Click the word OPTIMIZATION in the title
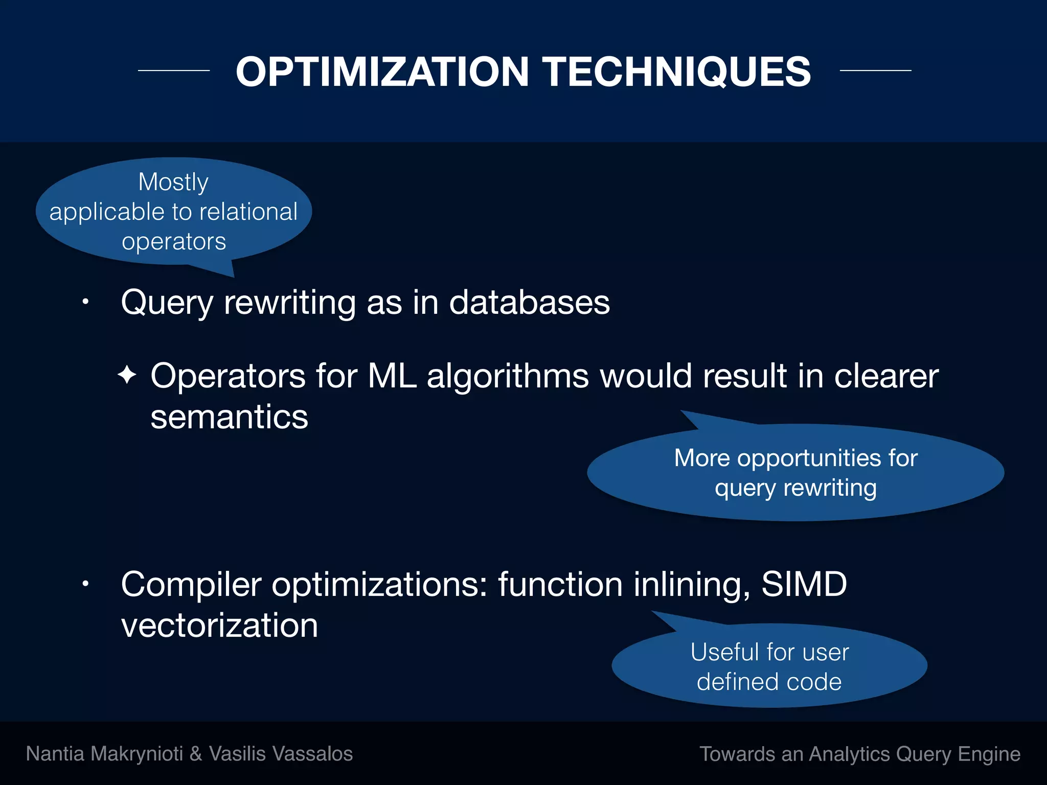(x=382, y=72)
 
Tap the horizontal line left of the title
(x=174, y=71)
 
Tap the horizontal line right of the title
(x=875, y=71)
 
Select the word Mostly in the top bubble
(x=173, y=182)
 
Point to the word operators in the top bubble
(x=174, y=241)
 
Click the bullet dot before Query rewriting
(x=86, y=302)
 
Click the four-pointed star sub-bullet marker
(x=127, y=375)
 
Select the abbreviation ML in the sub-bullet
(x=392, y=376)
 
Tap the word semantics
(x=229, y=417)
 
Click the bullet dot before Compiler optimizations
(x=86, y=584)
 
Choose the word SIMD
(x=804, y=584)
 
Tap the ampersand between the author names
(x=195, y=754)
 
